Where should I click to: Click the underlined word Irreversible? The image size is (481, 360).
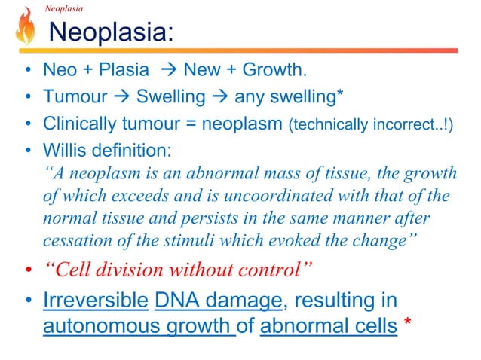pos(95,300)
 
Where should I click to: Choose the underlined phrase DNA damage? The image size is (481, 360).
pos(217,300)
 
